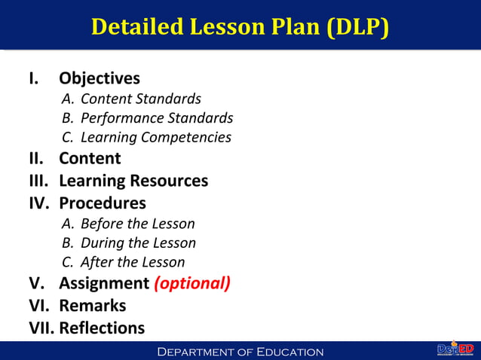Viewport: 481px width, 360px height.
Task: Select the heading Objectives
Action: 100,78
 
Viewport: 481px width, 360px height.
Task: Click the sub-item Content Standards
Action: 140,99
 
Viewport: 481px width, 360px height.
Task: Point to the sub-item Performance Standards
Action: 156,118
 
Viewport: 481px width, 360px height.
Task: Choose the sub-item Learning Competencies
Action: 155,138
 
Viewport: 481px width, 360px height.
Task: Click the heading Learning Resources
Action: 133,181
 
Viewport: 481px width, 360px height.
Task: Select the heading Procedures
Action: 103,203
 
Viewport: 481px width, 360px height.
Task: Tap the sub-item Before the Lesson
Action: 137,224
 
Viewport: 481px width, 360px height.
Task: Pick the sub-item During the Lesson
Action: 138,243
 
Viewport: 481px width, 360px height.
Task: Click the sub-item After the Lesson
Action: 132,263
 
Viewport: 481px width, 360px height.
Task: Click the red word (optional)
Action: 192,284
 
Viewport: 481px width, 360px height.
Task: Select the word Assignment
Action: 104,284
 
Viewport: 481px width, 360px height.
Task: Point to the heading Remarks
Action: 92,306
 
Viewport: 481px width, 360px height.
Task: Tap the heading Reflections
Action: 102,328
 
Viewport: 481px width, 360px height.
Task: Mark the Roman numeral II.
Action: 35,159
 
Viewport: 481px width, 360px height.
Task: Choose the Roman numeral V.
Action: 35,284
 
